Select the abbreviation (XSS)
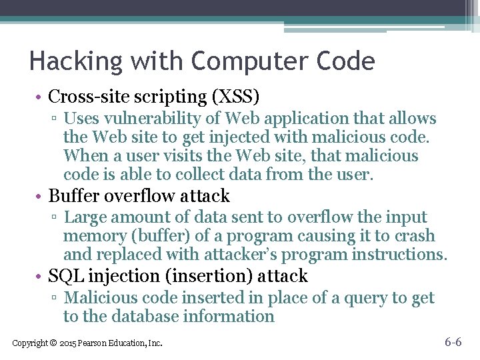[235, 97]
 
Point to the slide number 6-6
[453, 343]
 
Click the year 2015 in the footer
[67, 343]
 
